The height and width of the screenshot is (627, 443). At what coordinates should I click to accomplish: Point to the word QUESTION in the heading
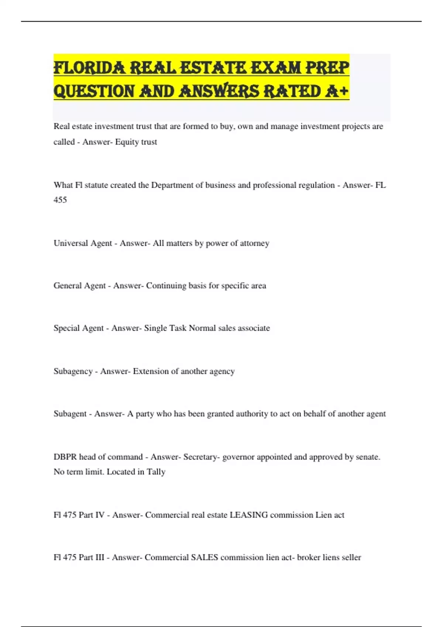[94, 91]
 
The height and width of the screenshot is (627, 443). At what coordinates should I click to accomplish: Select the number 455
[60, 200]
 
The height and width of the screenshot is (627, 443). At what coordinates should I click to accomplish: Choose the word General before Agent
[68, 286]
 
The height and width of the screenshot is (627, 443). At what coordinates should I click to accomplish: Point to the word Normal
[202, 328]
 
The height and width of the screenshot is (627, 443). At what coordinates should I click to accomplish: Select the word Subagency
[73, 371]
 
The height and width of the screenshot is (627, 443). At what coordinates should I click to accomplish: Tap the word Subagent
[70, 414]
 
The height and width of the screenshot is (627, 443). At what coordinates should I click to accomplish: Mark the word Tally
[156, 472]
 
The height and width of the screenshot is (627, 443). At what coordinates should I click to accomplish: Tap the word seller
[351, 557]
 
